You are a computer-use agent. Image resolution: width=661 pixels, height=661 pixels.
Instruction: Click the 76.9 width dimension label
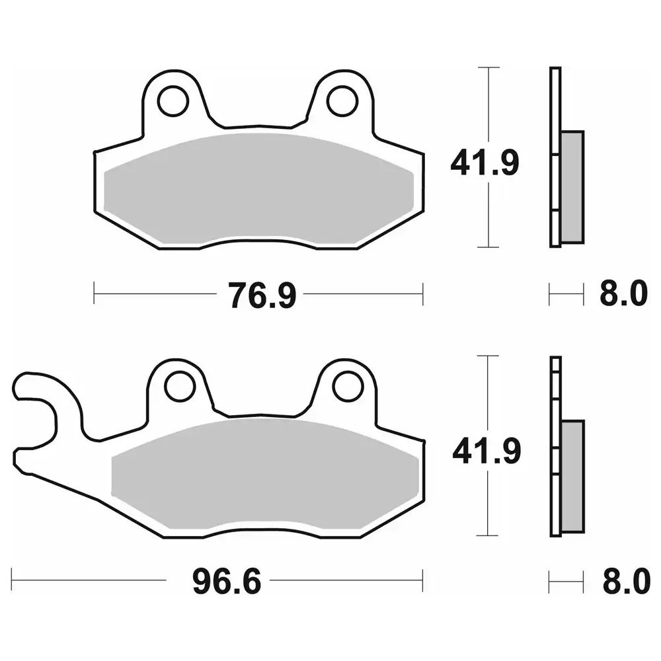tap(262, 295)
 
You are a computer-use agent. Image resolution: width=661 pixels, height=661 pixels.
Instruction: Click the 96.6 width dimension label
tap(227, 582)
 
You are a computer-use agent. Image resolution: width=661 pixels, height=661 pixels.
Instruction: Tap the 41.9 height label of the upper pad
tap(485, 163)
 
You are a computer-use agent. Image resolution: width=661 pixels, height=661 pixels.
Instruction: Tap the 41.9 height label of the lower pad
tap(486, 451)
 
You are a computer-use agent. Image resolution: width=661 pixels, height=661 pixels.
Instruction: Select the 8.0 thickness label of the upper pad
tap(623, 293)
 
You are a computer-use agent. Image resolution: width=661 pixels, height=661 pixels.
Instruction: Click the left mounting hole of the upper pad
tap(173, 101)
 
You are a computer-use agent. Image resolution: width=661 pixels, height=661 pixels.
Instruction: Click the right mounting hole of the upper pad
tap(342, 101)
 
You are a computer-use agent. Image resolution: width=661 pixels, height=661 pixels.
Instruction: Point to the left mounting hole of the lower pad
tap(180, 387)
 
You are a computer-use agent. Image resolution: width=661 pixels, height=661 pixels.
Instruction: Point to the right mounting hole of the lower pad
tap(348, 387)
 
